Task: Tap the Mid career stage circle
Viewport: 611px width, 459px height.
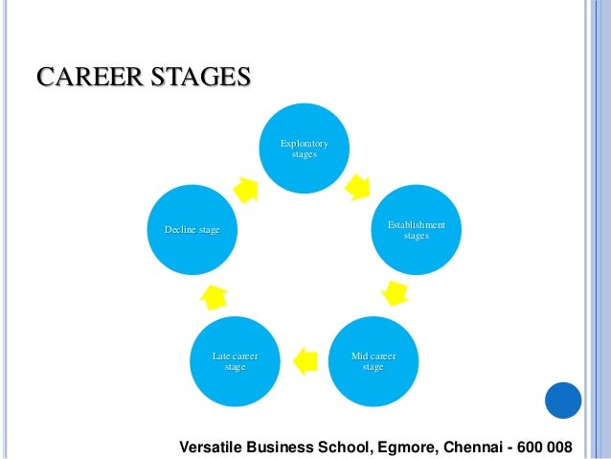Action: pyautogui.click(x=373, y=360)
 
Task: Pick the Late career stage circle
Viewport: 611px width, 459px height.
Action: pyautogui.click(x=235, y=360)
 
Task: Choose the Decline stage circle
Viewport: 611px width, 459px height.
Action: pyautogui.click(x=192, y=230)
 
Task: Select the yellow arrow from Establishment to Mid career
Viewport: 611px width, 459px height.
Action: pyautogui.click(x=394, y=292)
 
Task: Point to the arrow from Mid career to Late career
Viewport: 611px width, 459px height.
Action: pyautogui.click(x=304, y=360)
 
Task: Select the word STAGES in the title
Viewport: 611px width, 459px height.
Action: pyautogui.click(x=192, y=76)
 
